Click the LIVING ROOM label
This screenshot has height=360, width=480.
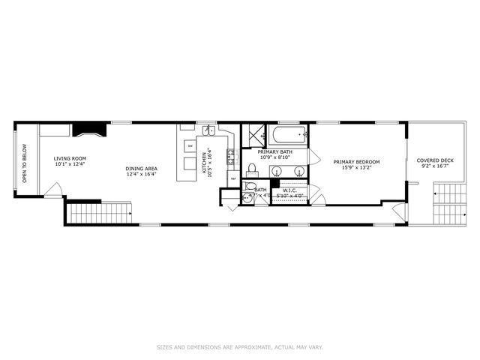(70, 159)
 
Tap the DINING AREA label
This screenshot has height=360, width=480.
(141, 169)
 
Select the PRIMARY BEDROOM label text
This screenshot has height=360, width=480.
(357, 162)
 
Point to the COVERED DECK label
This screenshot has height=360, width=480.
(435, 160)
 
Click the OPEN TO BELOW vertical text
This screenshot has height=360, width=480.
(24, 163)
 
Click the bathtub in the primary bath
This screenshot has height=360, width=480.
(289, 136)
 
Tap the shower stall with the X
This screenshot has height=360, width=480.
(256, 135)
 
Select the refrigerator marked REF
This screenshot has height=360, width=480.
(232, 179)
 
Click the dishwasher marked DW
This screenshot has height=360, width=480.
(190, 145)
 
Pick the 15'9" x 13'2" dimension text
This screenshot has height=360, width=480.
(357, 168)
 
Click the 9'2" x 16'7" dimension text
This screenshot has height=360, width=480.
(435, 166)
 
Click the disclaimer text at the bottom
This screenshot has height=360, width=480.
(240, 346)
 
